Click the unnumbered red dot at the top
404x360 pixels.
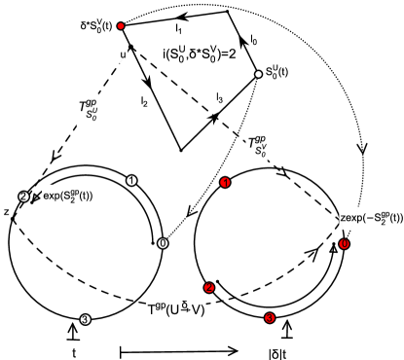[121, 26]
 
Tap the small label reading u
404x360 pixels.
[124, 55]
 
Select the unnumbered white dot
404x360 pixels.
[258, 74]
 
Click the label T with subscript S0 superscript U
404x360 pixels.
[88, 110]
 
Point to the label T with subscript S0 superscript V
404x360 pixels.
[256, 146]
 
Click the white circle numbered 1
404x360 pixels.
[131, 181]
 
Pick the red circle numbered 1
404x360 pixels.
[225, 182]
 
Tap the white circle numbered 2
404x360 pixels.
[23, 197]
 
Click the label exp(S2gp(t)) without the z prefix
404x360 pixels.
[67, 196]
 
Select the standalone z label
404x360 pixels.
[6, 211]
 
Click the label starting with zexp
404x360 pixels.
[371, 218]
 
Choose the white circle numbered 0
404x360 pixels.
[163, 243]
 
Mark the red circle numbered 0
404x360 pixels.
[344, 244]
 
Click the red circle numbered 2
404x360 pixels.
[209, 288]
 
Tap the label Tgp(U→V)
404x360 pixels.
[176, 309]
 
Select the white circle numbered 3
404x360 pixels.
[85, 319]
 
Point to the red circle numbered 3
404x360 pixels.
[270, 318]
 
